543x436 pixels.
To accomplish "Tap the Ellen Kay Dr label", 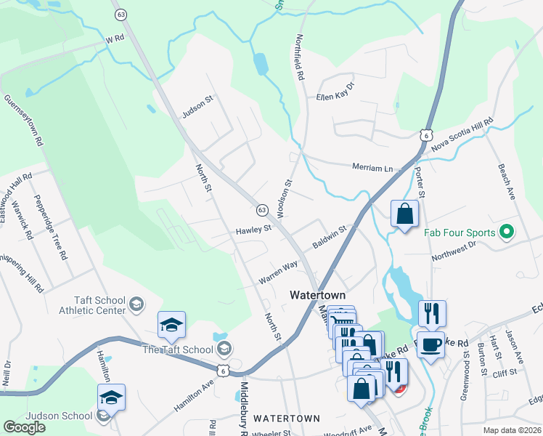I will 335,92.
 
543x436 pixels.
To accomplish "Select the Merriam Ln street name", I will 372,168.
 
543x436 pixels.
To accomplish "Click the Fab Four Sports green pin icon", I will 507,233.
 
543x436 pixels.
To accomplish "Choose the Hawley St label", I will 253,230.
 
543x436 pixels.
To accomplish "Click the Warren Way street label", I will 279,273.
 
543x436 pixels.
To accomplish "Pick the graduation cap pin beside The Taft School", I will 171,325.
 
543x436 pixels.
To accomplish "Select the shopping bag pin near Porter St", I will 404,214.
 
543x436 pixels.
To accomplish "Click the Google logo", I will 24,427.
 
